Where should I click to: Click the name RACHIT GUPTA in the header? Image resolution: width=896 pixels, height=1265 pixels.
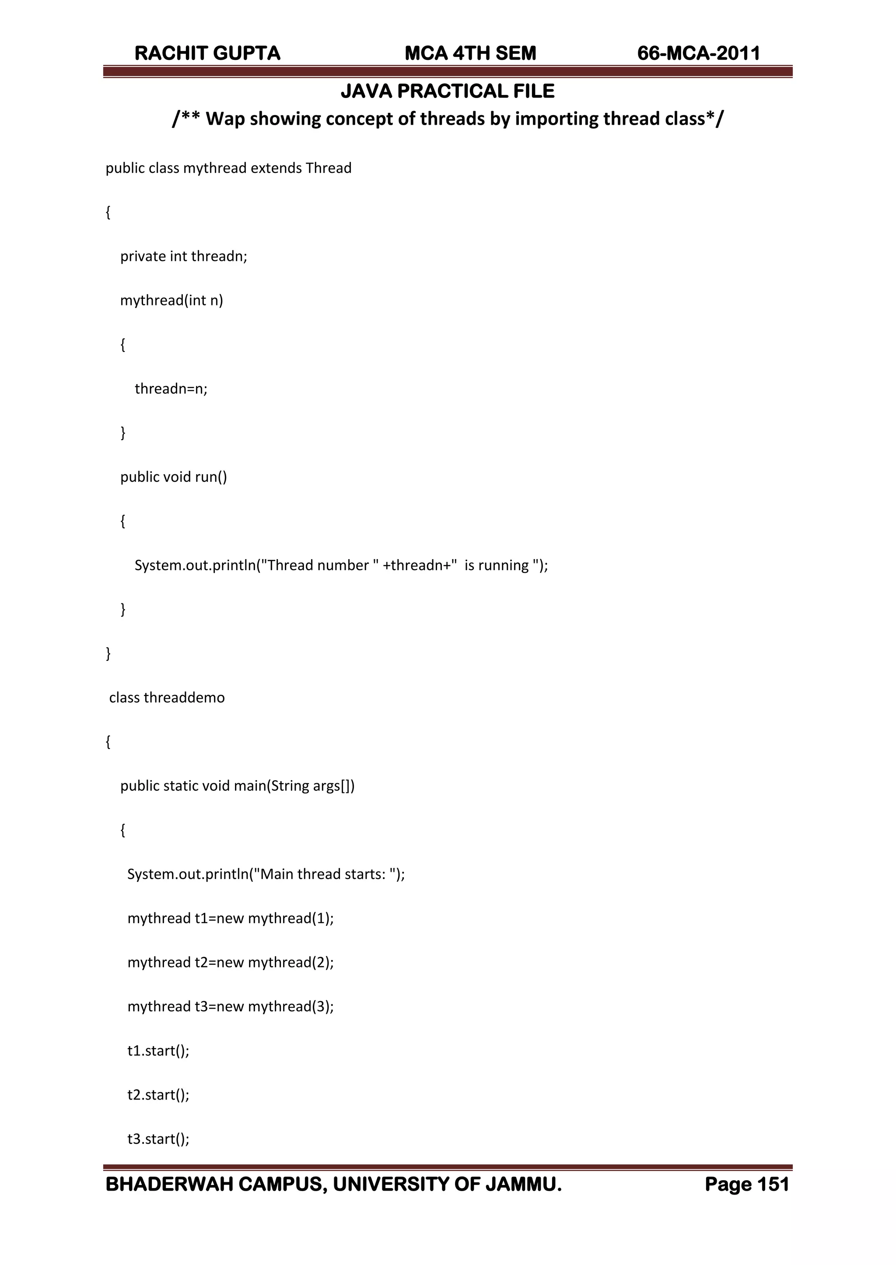coord(207,53)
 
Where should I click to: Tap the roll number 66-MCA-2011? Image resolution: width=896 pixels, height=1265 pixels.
coord(699,53)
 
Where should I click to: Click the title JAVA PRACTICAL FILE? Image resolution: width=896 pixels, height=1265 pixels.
coord(448,91)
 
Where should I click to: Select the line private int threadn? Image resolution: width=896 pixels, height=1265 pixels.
coord(184,256)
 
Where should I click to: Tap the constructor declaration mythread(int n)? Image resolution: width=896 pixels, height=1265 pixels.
coord(171,300)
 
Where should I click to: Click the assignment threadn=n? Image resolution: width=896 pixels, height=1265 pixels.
coord(171,389)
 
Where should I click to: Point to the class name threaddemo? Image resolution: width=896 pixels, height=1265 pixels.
coord(184,697)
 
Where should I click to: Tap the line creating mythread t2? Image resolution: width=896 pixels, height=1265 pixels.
coord(231,962)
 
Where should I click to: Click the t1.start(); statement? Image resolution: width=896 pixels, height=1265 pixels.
coord(158,1051)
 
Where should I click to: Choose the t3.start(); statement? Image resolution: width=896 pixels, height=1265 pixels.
coord(158,1139)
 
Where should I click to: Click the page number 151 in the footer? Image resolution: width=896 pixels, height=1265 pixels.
coord(773,1184)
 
